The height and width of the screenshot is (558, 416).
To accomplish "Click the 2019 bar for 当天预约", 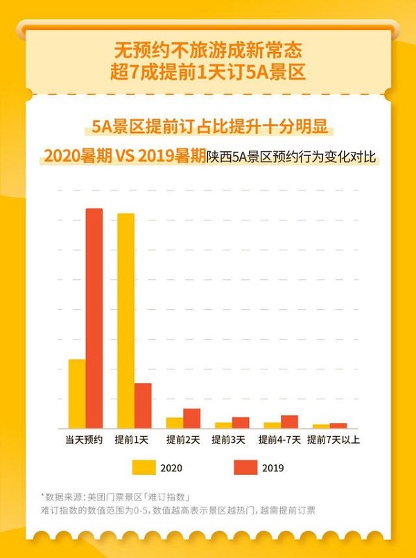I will point(94,318).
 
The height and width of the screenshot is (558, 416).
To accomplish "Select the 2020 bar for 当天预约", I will point(77,394).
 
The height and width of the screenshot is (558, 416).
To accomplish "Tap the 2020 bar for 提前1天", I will point(126,321).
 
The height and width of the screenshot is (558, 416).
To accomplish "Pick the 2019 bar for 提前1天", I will point(143,406).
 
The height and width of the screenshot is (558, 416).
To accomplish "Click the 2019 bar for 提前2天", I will point(191,419).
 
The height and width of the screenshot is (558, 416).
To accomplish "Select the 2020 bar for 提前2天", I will point(175,423).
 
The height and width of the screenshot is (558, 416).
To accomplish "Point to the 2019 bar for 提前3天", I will point(240,423).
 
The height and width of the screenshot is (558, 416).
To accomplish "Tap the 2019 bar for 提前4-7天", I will point(289,421).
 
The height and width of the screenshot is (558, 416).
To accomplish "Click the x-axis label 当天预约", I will point(85,439).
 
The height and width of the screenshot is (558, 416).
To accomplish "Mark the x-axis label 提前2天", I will point(183,439).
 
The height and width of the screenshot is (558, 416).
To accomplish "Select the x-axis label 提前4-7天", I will point(279,439).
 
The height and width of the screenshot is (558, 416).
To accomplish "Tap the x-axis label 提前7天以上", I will point(333,439).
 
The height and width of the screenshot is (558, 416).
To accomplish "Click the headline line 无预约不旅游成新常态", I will point(208,51).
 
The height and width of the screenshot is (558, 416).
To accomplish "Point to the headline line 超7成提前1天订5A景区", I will point(208,72).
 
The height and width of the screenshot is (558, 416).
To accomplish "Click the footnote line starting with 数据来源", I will point(118,496).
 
